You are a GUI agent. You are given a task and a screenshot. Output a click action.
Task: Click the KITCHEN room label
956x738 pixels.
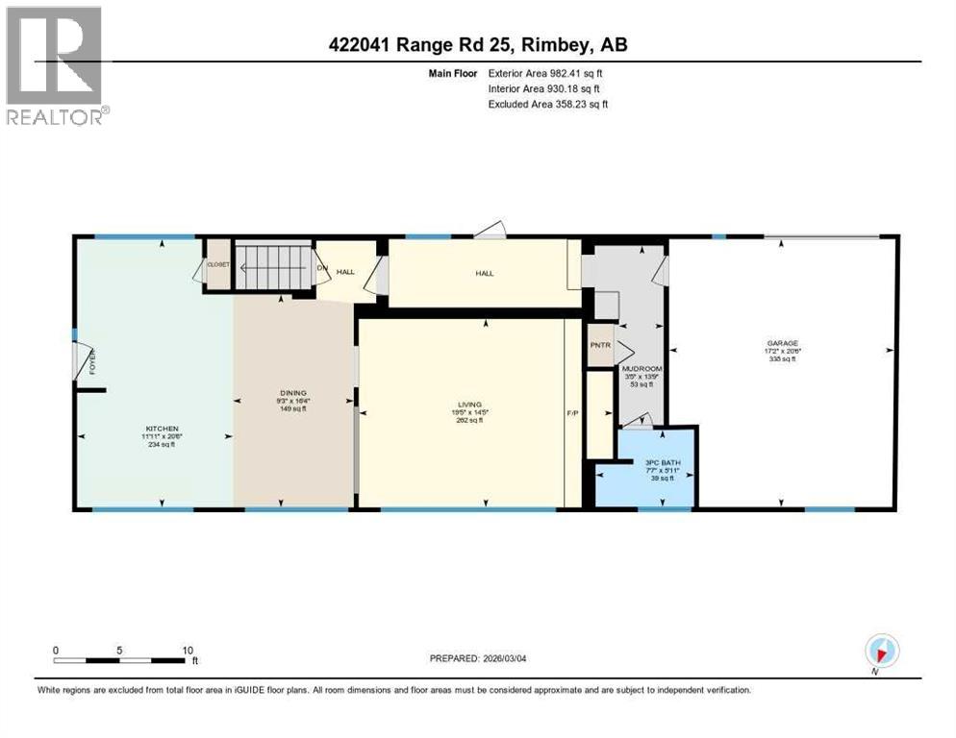pyautogui.click(x=162, y=429)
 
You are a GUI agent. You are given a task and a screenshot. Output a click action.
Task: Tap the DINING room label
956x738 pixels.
pyautogui.click(x=292, y=393)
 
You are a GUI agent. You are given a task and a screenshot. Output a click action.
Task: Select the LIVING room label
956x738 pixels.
pyautogui.click(x=469, y=405)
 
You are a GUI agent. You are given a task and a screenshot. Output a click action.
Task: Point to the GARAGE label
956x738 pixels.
pyautogui.click(x=782, y=343)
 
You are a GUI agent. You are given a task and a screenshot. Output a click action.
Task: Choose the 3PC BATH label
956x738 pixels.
pyautogui.click(x=658, y=463)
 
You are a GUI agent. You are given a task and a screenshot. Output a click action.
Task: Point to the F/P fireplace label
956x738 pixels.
pyautogui.click(x=572, y=413)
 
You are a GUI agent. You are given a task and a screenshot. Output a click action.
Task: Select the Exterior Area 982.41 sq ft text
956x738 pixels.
pyautogui.click(x=546, y=73)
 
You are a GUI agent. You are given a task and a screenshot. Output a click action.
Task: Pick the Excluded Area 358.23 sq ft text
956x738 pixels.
pyautogui.click(x=547, y=104)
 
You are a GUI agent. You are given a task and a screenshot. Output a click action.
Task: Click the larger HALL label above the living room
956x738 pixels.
pyautogui.click(x=484, y=273)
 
